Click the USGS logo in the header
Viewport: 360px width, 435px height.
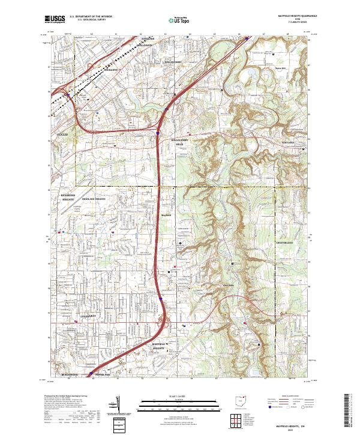[55, 19]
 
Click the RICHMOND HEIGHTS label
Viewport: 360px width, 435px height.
[68, 197]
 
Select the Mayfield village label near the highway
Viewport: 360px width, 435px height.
[166, 214]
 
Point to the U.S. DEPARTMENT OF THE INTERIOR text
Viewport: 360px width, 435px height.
[91, 17]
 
